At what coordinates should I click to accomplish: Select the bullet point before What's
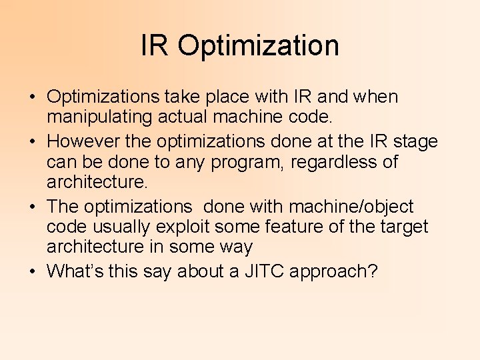[x=33, y=272]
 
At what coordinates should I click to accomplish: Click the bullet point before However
[x=33, y=142]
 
